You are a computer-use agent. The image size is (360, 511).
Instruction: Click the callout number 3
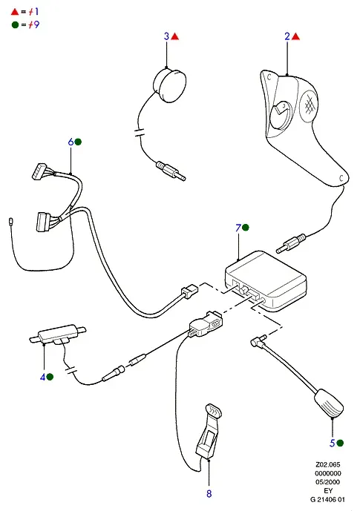click(x=166, y=36)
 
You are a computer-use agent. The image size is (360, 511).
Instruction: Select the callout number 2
click(x=287, y=36)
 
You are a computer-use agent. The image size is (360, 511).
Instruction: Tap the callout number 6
click(x=71, y=142)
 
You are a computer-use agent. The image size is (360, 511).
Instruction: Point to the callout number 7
click(x=238, y=228)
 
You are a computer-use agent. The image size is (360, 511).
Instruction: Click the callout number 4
click(x=43, y=377)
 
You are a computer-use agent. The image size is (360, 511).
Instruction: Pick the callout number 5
click(x=333, y=443)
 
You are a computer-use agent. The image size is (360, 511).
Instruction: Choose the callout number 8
click(x=209, y=493)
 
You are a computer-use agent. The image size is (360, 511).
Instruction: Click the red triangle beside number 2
click(x=295, y=36)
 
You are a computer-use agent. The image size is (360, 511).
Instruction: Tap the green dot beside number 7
click(x=246, y=228)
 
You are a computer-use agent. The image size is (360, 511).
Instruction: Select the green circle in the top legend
click(x=15, y=24)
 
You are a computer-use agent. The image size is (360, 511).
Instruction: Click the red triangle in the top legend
click(x=15, y=12)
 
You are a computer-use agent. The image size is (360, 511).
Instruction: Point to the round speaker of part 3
click(x=169, y=85)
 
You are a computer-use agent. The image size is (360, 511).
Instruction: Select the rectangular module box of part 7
click(x=266, y=281)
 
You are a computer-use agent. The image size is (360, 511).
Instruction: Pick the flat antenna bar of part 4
click(x=58, y=334)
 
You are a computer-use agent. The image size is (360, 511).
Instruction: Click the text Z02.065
click(x=328, y=464)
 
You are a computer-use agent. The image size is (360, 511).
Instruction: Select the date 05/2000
click(x=328, y=481)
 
